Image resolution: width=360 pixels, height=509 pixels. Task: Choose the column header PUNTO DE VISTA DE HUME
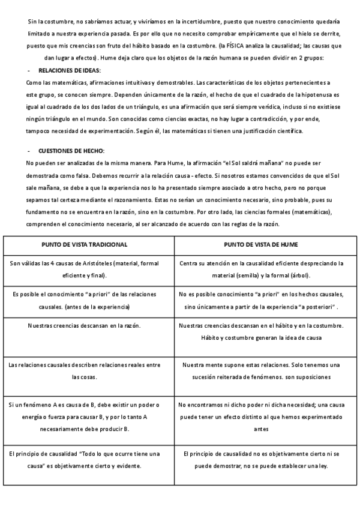(261, 245)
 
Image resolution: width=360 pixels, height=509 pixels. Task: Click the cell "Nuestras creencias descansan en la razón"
(85, 325)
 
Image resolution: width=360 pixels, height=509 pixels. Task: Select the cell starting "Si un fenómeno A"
(84, 417)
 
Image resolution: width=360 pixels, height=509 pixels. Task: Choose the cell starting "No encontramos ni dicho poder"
(261, 417)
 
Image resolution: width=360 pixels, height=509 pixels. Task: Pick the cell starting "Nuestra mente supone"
(261, 371)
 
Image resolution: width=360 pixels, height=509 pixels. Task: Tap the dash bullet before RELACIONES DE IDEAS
(29, 70)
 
